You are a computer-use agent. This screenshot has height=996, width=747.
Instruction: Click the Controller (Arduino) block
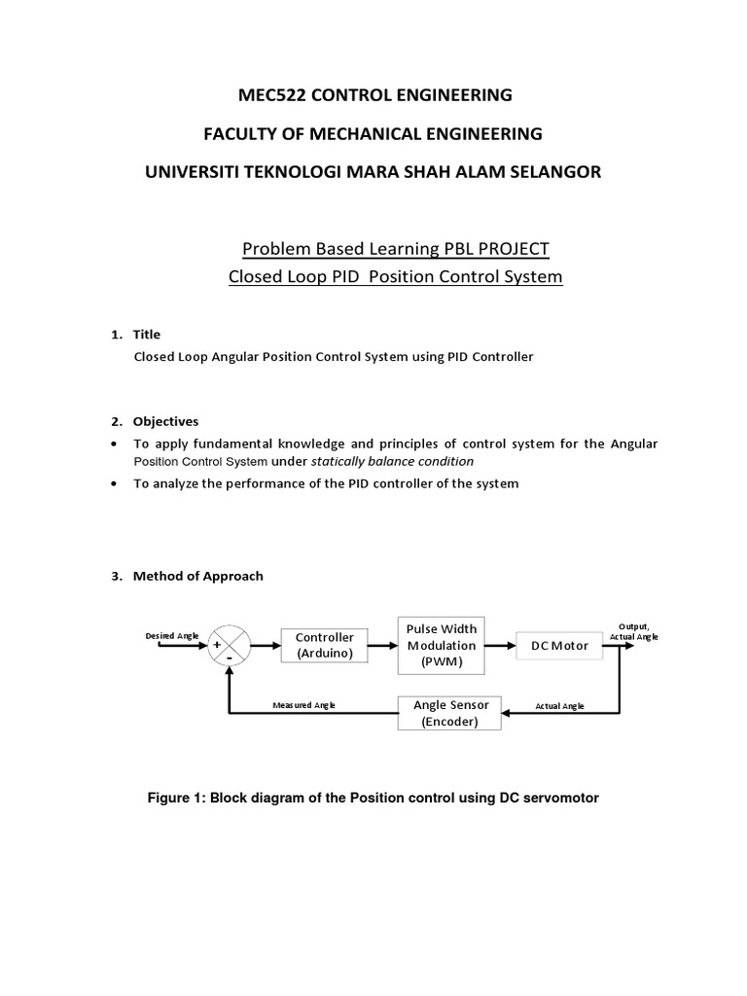(325, 645)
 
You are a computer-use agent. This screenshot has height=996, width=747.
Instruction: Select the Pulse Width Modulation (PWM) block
(442, 645)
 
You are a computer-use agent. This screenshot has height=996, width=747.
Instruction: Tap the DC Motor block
(559, 645)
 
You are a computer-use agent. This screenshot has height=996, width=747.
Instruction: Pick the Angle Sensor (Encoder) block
(450, 712)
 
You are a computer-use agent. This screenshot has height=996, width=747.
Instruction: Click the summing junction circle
(228, 645)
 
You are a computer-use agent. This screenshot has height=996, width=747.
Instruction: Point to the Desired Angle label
(172, 635)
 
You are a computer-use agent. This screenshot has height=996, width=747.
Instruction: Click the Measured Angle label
(304, 705)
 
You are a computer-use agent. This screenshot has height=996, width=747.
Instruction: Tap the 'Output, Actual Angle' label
(633, 631)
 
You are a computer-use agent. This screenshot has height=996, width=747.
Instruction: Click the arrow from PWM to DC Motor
(500, 645)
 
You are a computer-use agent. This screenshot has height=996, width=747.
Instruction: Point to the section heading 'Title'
(146, 335)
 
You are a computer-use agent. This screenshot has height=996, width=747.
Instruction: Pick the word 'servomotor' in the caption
(558, 798)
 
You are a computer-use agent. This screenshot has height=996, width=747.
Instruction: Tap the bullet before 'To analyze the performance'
(116, 483)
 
